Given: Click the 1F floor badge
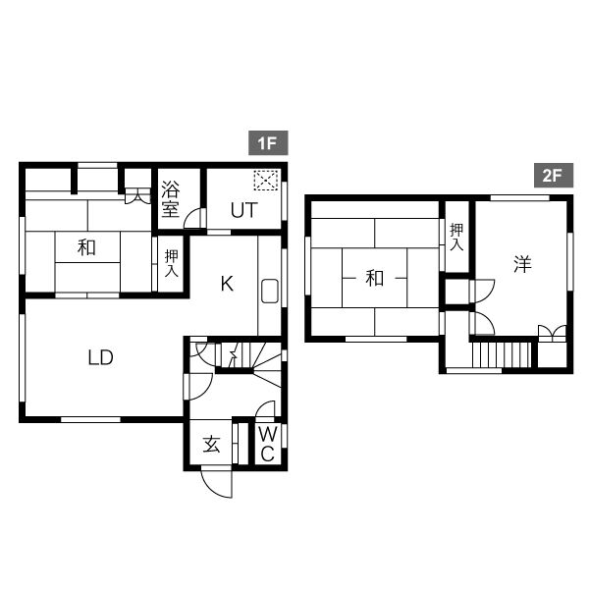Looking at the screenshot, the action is [268, 142].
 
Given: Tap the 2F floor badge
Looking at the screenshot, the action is [554, 175].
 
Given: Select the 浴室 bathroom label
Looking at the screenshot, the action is [170, 199].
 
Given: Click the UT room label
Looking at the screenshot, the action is [244, 210].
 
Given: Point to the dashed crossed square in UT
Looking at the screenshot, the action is [266, 181].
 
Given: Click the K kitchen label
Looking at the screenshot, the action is [228, 284].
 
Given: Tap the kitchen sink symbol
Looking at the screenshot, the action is [270, 292].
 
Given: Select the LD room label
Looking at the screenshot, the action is [101, 357].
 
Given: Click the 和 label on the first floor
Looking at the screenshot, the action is [86, 248].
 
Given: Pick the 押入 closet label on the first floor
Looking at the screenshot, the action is [171, 263].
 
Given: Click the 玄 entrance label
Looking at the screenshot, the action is [211, 445].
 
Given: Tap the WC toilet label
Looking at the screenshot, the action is [268, 445].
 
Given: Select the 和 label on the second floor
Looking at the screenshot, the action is [375, 279].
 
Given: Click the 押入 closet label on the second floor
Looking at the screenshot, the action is [456, 237].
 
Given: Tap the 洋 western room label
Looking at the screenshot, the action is [522, 264].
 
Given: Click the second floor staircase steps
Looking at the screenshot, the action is [502, 354].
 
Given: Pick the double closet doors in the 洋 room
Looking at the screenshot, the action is [552, 334].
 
